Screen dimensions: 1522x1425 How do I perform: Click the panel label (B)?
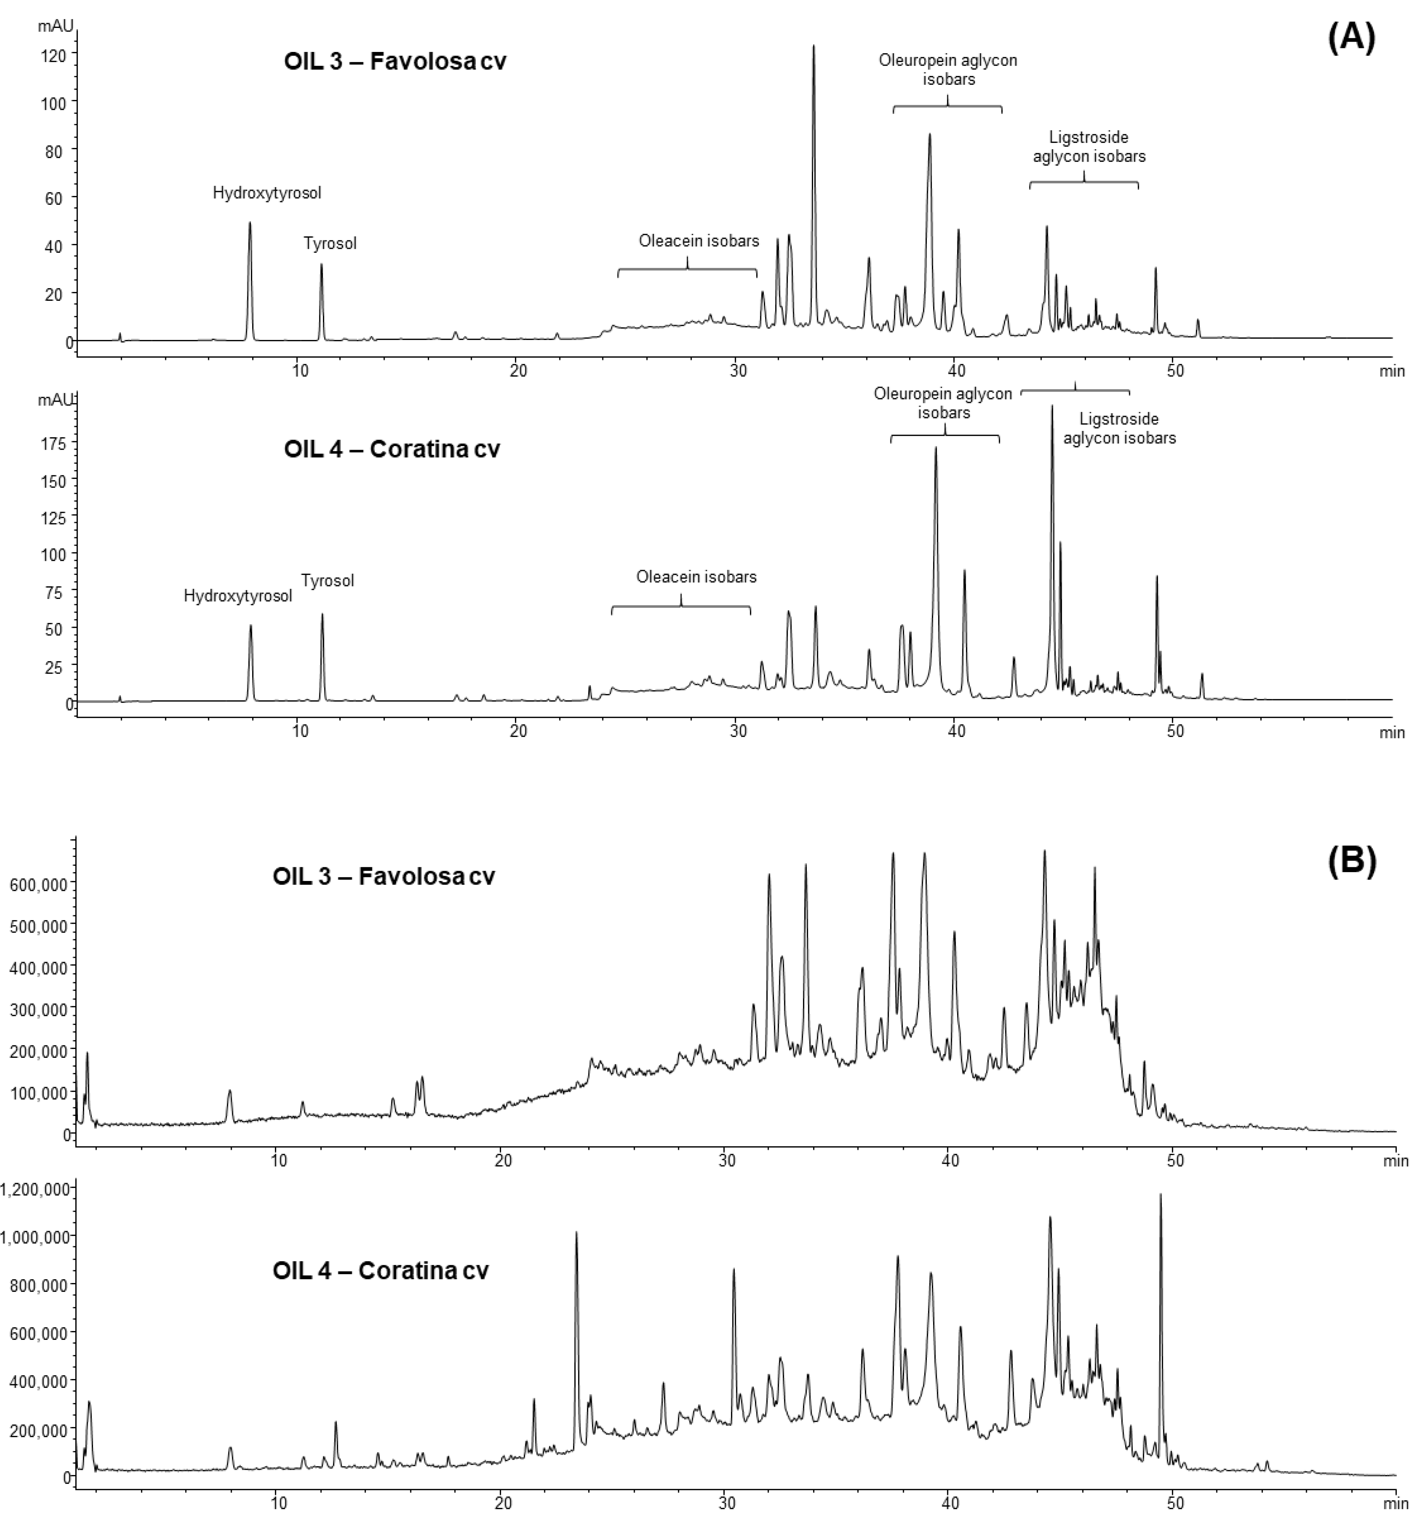[x=1351, y=860]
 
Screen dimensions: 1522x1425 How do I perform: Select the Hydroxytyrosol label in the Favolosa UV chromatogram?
[x=266, y=193]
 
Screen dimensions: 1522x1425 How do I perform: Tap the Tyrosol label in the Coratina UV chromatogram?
[x=328, y=580]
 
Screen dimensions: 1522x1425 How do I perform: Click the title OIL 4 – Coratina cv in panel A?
[x=391, y=449]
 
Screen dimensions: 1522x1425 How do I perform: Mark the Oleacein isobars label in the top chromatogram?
[x=698, y=241]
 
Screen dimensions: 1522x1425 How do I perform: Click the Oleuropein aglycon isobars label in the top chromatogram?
[x=947, y=69]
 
